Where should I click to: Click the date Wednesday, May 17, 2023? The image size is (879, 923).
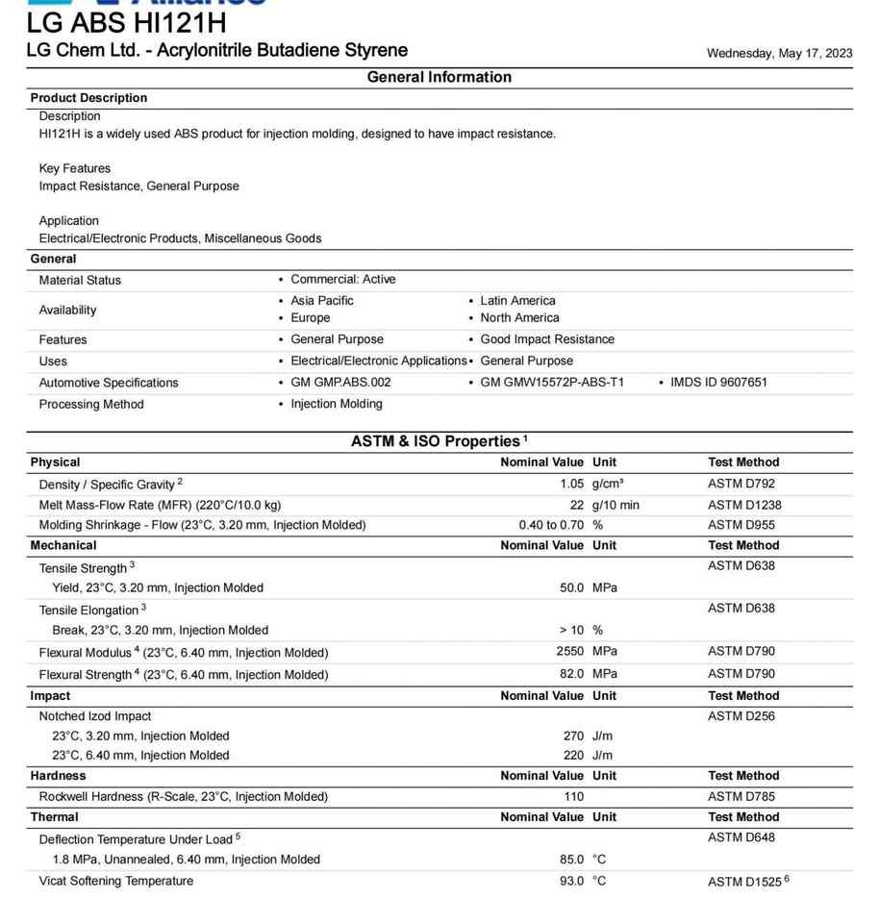779,53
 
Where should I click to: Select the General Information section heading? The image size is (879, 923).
439,77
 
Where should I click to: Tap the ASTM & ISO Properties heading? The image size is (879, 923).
435,441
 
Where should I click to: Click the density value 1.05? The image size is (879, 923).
571,484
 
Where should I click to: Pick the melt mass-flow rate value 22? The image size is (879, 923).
576,505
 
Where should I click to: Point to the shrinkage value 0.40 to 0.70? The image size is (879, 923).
551,525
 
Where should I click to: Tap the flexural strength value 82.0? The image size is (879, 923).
571,674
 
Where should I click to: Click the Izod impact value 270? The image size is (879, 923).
573,736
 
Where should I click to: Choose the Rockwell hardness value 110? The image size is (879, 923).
573,796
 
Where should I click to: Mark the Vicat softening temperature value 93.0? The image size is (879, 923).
571,881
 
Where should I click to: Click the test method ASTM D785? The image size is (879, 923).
741,796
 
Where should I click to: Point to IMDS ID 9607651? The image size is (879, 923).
718,382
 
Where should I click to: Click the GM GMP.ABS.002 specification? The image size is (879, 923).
340,382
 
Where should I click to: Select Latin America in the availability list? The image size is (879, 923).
517,301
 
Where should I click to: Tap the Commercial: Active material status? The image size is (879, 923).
342,280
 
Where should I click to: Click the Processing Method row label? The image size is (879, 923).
91,404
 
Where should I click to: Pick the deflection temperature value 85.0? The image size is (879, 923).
571,860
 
